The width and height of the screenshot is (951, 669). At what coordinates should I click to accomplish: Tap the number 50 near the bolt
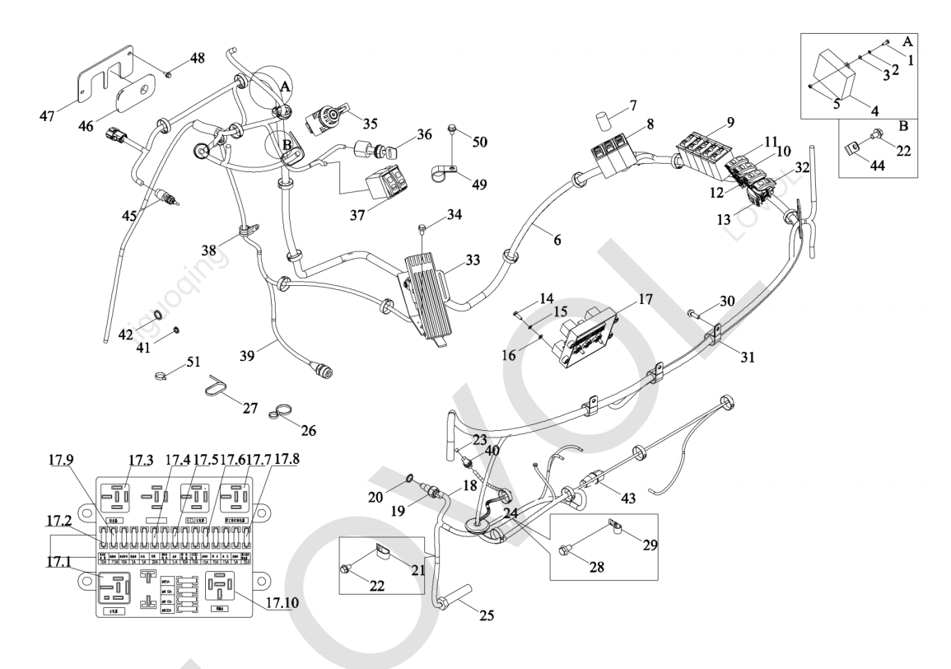[479, 142]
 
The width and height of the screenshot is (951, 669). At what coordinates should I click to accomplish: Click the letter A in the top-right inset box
[931, 40]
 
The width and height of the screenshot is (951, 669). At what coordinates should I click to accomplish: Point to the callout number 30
[726, 302]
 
